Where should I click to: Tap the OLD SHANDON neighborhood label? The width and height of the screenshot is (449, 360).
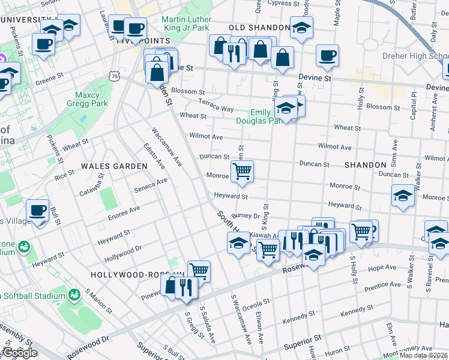[x=259, y=28]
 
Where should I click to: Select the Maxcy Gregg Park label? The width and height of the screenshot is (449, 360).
[x=91, y=100]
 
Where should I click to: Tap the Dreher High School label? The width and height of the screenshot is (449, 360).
[x=423, y=57]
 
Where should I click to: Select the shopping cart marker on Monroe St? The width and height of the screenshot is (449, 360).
[x=242, y=171]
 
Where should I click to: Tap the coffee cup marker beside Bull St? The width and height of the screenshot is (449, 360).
[x=38, y=211]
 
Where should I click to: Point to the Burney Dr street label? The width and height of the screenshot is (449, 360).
[x=244, y=215]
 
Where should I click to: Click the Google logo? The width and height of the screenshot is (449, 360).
[x=20, y=353]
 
